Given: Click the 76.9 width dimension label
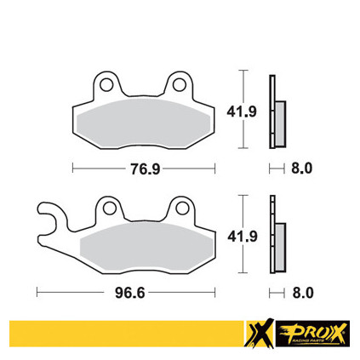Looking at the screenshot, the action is pyautogui.click(x=146, y=169).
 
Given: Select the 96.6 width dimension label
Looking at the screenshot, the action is pyautogui.click(x=129, y=293).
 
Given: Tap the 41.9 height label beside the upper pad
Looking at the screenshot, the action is pyautogui.click(x=242, y=111).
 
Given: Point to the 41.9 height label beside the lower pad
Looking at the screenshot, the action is pyautogui.click(x=243, y=237).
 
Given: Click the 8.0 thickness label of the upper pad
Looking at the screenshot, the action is pyautogui.click(x=301, y=169).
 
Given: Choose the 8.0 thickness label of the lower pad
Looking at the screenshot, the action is pyautogui.click(x=303, y=293).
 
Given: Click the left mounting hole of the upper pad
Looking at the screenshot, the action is pyautogui.click(x=106, y=85).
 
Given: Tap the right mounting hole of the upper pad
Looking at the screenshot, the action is pyautogui.click(x=179, y=85).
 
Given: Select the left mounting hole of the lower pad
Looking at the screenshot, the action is pyautogui.click(x=109, y=209).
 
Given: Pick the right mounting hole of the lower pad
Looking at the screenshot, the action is pyautogui.click(x=182, y=209).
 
